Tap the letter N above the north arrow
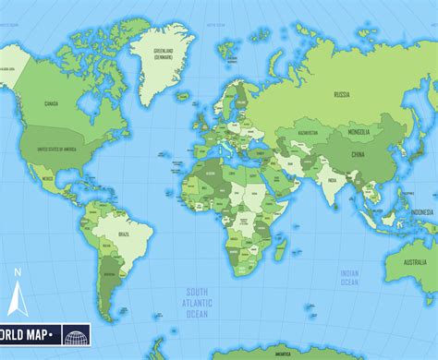click(x=17, y=273)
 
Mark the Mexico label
click(x=47, y=175)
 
